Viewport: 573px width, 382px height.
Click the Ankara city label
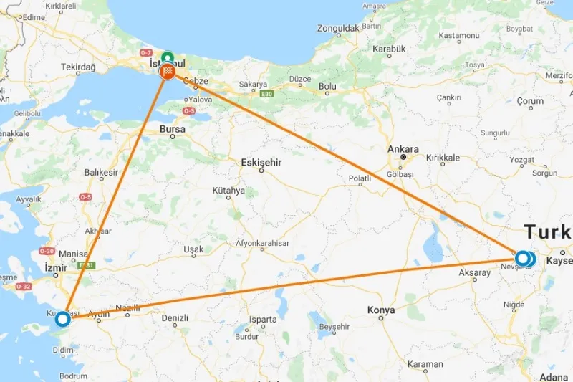(x=403, y=149)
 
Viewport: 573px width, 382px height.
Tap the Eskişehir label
(x=261, y=163)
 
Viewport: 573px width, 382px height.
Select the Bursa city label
(x=172, y=130)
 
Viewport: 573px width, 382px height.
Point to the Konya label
(x=381, y=310)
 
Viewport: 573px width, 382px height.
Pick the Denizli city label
(x=175, y=317)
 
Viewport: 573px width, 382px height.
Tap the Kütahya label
(x=228, y=191)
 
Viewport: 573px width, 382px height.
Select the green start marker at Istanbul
(x=168, y=58)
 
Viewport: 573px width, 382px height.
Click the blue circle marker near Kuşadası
(x=63, y=318)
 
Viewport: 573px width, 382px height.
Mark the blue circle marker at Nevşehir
(x=524, y=258)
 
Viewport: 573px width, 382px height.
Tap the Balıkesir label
(x=100, y=173)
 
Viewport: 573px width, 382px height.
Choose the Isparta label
(x=263, y=320)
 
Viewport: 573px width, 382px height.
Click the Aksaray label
(x=476, y=273)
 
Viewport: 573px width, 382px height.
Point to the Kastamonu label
(x=458, y=35)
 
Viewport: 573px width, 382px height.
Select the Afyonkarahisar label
(x=264, y=244)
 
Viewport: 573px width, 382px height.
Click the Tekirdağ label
(x=78, y=67)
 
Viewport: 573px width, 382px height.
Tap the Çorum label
(x=530, y=102)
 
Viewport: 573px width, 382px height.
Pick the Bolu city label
(x=327, y=87)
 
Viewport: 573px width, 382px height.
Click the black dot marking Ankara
(x=403, y=157)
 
